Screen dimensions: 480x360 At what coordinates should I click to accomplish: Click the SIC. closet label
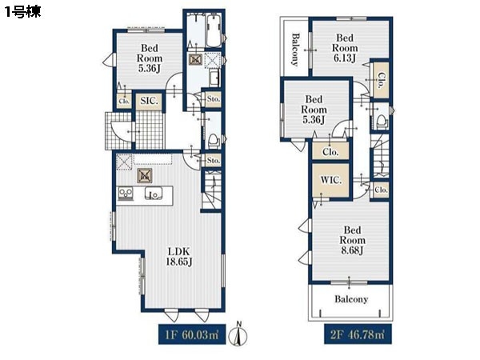[149, 101]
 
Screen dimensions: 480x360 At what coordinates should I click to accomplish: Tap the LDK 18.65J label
[179, 257]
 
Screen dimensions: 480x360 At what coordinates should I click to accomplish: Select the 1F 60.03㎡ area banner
[192, 334]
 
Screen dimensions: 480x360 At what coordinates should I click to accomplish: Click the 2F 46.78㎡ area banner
[358, 334]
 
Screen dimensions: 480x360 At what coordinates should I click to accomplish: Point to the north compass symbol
[238, 334]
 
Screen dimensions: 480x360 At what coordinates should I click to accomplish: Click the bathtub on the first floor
[214, 31]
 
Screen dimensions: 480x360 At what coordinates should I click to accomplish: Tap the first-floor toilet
[214, 141]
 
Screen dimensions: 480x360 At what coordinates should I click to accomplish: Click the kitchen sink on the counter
[154, 194]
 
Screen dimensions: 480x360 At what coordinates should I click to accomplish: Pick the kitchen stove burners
[126, 193]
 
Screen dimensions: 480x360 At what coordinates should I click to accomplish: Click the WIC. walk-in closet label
[330, 180]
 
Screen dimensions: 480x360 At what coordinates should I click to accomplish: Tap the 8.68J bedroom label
[352, 240]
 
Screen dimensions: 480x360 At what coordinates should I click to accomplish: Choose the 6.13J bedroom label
[345, 48]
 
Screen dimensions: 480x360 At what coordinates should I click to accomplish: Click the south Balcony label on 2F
[351, 298]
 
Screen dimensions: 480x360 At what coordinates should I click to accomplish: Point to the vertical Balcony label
[295, 50]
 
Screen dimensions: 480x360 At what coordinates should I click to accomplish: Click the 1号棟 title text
[22, 12]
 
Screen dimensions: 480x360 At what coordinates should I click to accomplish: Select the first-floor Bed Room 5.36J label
[150, 58]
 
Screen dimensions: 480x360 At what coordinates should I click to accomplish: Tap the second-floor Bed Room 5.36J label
[314, 110]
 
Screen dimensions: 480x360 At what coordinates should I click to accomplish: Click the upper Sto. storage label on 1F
[214, 99]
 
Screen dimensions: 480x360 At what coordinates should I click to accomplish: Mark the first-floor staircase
[211, 189]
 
